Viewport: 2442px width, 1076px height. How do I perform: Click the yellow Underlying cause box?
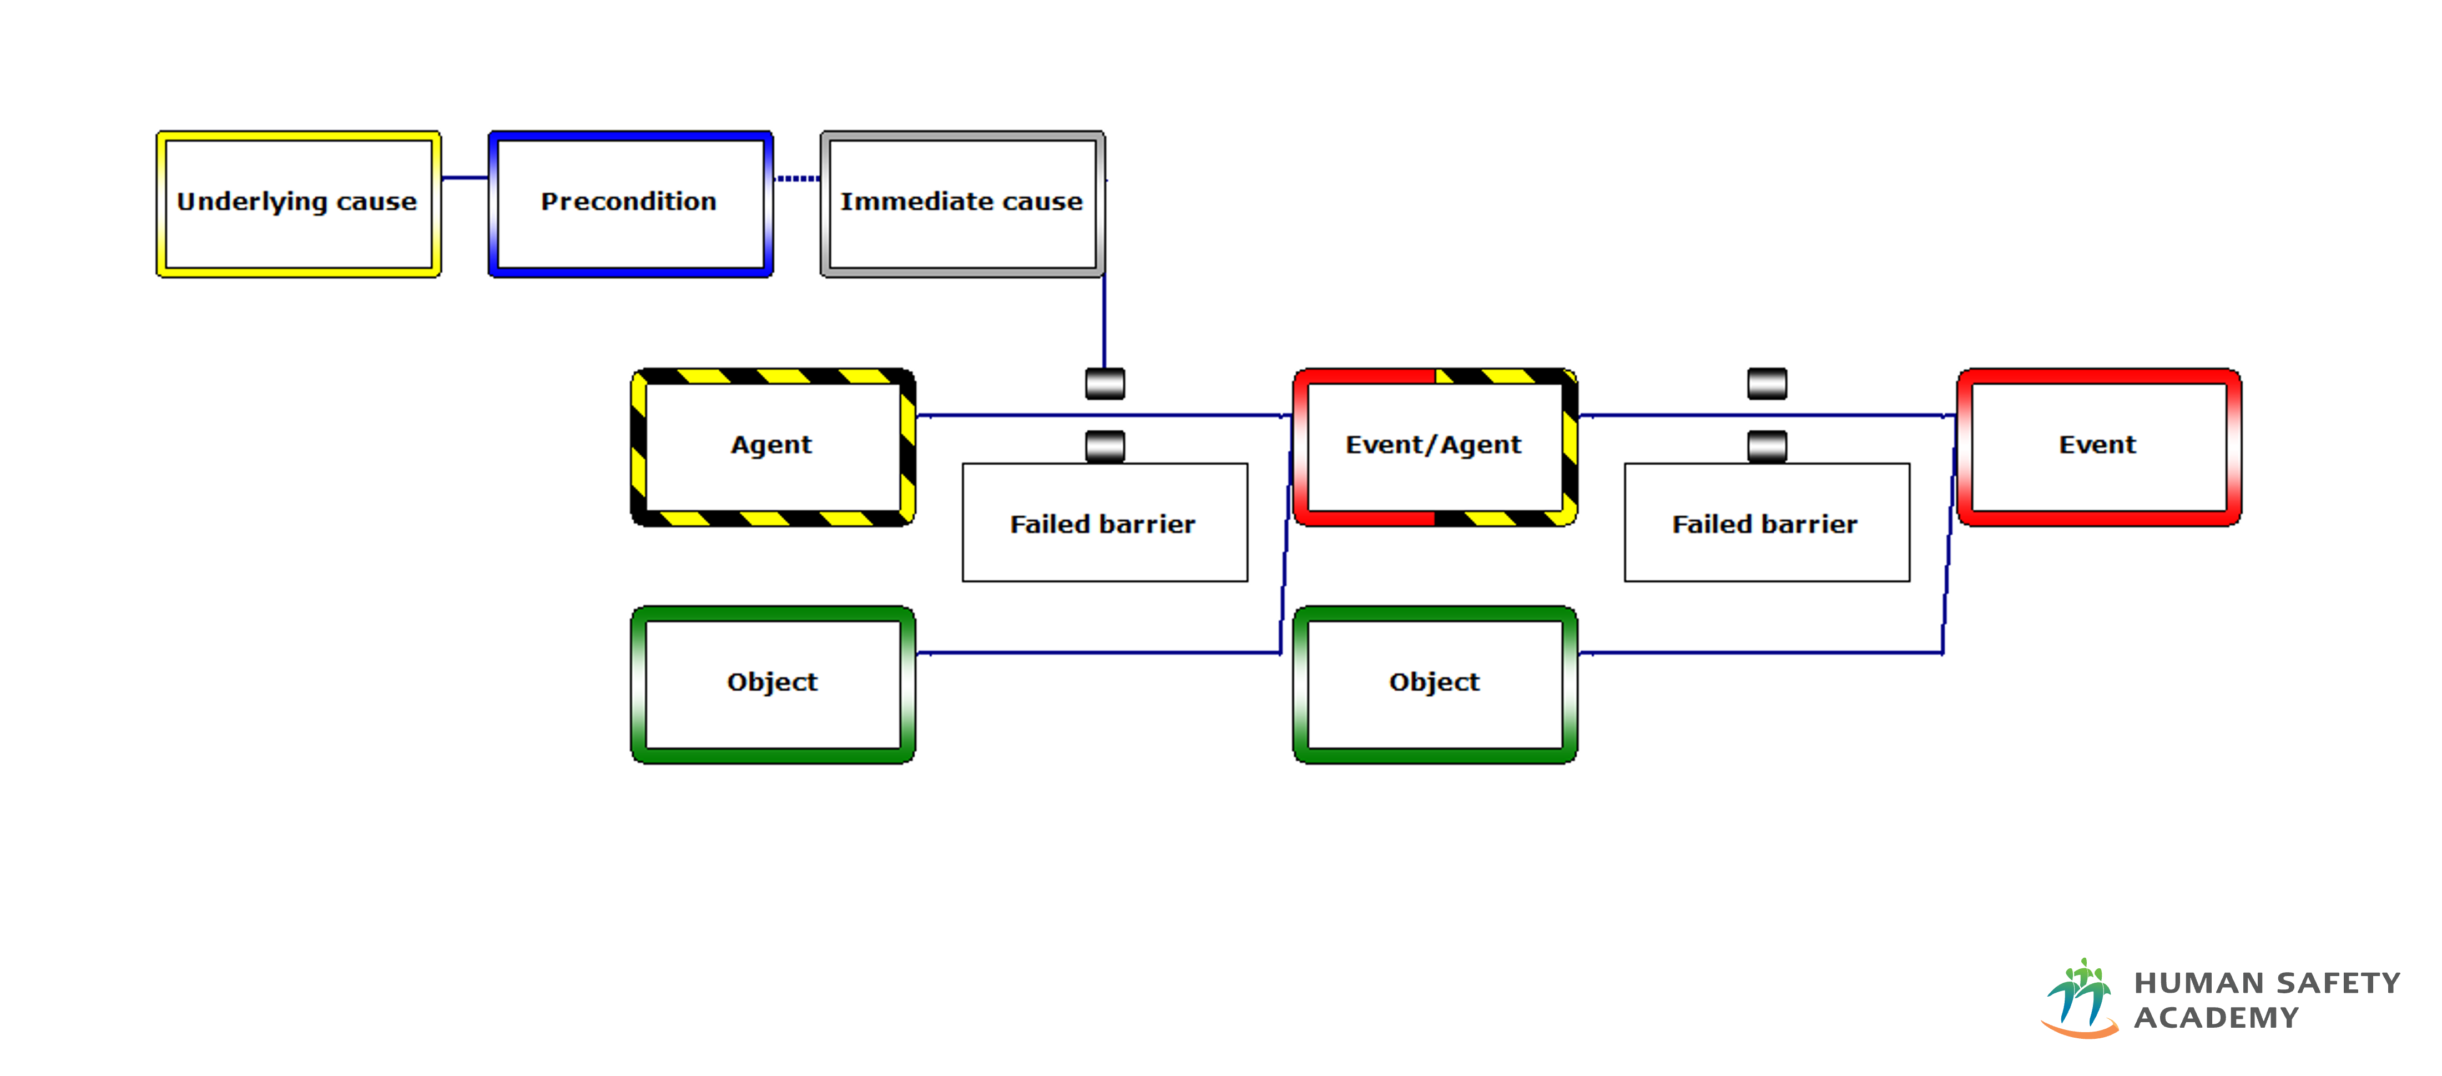click(x=297, y=204)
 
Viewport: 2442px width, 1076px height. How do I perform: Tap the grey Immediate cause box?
click(x=961, y=204)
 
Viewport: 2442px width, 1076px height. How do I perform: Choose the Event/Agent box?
click(x=1434, y=446)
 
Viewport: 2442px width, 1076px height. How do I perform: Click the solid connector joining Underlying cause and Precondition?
click(x=465, y=177)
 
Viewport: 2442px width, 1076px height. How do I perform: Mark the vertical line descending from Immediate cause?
click(x=1103, y=323)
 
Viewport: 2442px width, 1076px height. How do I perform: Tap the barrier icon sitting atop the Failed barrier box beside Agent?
click(x=1104, y=446)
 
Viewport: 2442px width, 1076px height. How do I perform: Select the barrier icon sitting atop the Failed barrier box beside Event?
click(x=1766, y=446)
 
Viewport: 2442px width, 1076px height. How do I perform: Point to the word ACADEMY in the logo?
click(x=2216, y=1017)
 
